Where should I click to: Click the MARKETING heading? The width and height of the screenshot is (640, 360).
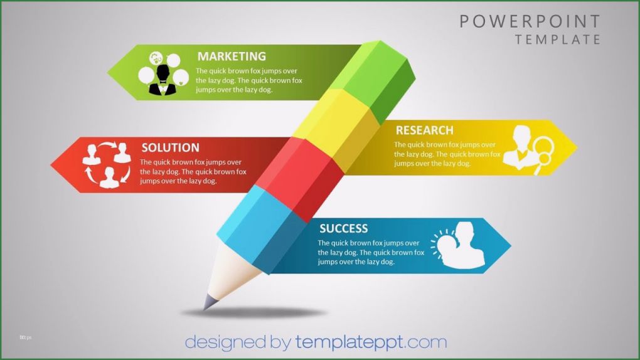232,56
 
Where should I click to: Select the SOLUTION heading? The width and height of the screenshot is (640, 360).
170,148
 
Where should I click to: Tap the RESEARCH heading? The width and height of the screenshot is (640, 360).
424,130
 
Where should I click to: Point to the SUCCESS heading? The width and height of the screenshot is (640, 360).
343,228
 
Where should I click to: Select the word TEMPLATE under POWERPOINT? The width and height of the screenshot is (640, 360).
558,40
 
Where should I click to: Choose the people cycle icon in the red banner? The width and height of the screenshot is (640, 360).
106,164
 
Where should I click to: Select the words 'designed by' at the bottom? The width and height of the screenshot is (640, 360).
238,342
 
